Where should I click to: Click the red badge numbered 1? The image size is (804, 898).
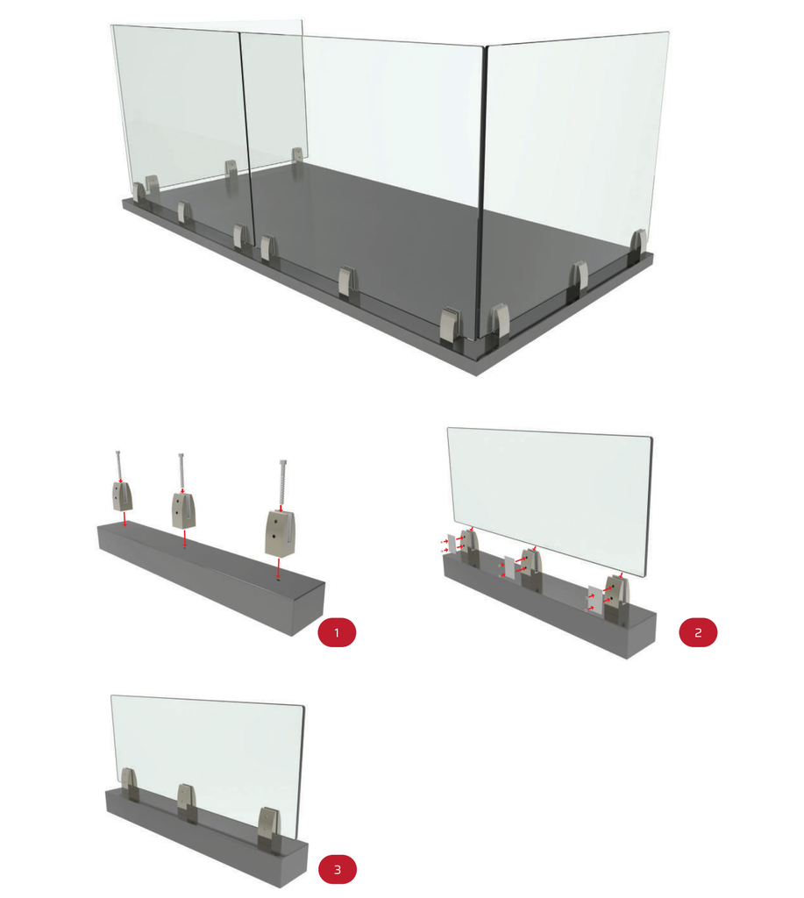(x=337, y=632)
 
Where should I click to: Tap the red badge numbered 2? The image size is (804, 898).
(x=698, y=632)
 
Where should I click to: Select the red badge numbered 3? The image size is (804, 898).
(x=338, y=869)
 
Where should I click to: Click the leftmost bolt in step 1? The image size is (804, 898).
(x=119, y=467)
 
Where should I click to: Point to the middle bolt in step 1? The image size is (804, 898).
(x=181, y=473)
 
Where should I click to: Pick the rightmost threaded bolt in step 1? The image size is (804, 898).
(x=281, y=484)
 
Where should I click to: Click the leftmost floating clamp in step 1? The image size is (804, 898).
(x=123, y=496)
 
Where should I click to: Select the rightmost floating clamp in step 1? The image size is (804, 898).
(x=281, y=532)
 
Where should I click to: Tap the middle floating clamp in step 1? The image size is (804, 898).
(x=183, y=510)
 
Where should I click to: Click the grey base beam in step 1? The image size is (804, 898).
(x=212, y=579)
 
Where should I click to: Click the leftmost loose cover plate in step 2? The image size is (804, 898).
(x=452, y=544)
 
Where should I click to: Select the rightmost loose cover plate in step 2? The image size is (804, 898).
(x=596, y=598)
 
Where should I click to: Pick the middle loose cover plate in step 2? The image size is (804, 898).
(x=509, y=567)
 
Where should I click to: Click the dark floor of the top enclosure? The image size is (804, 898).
(x=395, y=240)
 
